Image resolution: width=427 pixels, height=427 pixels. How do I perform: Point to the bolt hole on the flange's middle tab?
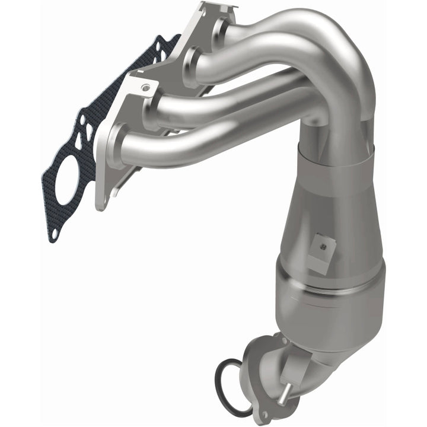pyautogui.click(x=145, y=87)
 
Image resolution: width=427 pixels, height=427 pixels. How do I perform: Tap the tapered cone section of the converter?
pyautogui.click(x=332, y=219)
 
